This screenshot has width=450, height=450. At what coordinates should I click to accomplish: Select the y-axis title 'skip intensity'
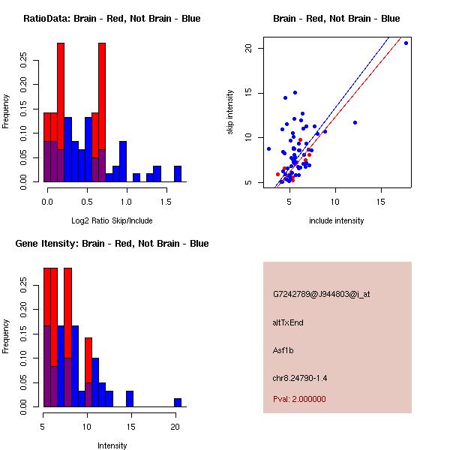231,112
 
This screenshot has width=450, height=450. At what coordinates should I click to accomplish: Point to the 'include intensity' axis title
337,220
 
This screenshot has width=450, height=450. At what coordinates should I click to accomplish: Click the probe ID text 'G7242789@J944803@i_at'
322,294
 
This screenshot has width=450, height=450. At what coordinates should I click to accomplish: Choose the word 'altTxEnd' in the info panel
288,322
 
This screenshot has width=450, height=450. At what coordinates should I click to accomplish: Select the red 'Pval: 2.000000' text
299,399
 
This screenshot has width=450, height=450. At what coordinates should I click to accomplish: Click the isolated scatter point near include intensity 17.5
406,43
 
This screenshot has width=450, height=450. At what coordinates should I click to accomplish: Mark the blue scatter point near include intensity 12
355,122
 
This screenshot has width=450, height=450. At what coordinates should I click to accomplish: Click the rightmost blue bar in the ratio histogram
178,174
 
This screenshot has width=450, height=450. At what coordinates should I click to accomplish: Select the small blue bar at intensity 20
178,403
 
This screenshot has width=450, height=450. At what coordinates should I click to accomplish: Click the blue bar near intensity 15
130,399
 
